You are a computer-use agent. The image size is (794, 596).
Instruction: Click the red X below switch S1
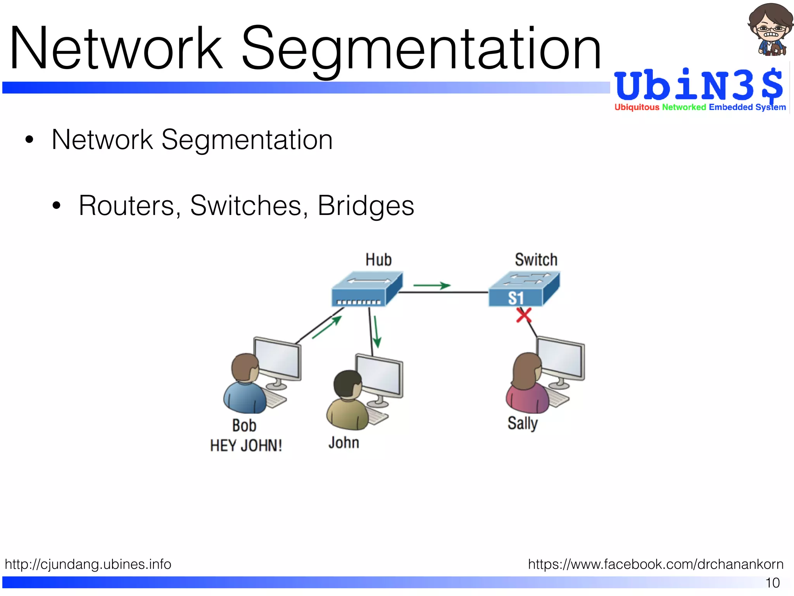click(x=524, y=315)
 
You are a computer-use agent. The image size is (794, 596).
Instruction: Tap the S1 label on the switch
click(x=516, y=298)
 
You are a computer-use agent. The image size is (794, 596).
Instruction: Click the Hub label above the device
click(x=378, y=260)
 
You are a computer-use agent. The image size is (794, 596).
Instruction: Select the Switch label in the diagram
click(x=536, y=260)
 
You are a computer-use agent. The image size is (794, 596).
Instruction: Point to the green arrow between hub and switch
click(x=432, y=286)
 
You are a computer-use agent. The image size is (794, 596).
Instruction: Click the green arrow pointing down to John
click(x=376, y=332)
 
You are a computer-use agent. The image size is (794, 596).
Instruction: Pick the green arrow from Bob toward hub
click(x=327, y=327)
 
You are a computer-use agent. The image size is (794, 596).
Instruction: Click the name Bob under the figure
click(x=244, y=425)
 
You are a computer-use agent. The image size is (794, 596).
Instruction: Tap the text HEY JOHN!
click(x=246, y=445)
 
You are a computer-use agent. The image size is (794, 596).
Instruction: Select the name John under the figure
click(x=343, y=442)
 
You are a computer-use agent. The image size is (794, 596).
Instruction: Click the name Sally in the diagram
click(x=523, y=423)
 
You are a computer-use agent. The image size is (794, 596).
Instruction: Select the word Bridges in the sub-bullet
click(x=366, y=205)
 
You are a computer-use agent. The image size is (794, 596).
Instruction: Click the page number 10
click(x=772, y=583)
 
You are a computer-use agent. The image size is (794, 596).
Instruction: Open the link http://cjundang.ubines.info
click(x=88, y=564)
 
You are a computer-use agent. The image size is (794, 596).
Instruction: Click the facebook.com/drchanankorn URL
click(x=656, y=564)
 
